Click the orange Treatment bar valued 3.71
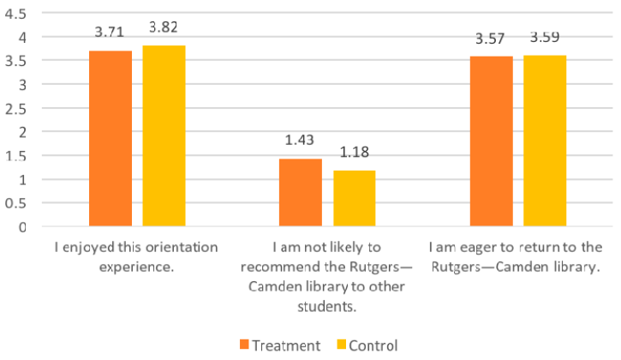pos(110,139)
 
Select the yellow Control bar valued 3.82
pos(164,136)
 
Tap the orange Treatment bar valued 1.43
pos(301,193)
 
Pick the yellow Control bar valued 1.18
pos(354,199)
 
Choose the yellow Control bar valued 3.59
pos(544,141)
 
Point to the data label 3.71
pos(110,33)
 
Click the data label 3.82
pos(164,27)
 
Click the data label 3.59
pos(544,39)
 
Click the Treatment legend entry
pos(279,345)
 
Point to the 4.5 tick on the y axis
pos(16,14)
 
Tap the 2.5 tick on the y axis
pos(16,109)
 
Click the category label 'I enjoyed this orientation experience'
pos(137,255)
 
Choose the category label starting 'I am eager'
pos(517,255)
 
